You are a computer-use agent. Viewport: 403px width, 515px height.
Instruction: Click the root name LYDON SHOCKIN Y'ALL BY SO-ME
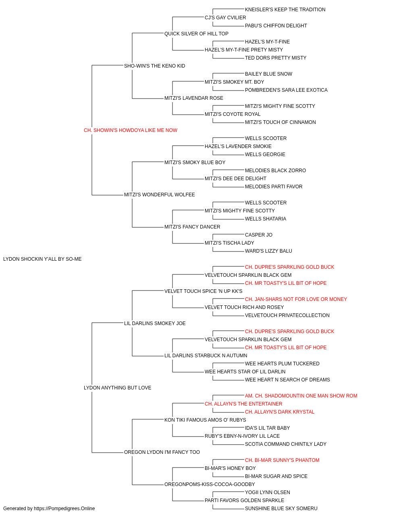coord(42,259)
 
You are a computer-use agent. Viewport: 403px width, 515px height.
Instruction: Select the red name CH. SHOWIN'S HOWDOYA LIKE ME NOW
coord(131,130)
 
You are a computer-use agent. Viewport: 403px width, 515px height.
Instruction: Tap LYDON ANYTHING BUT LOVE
coord(118,388)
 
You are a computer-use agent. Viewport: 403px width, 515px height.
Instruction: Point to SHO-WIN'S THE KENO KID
coord(154,66)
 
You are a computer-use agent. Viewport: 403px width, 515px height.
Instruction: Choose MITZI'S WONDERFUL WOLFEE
coord(160,195)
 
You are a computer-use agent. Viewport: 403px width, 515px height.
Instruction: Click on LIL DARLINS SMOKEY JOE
coord(155,323)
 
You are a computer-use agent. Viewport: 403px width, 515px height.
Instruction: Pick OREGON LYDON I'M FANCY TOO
coord(162,452)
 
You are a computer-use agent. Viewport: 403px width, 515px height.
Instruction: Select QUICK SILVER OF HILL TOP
coord(196,34)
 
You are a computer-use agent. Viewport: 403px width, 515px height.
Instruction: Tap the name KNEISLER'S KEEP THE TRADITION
coord(285,10)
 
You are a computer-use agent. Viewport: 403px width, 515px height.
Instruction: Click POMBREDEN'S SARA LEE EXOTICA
coord(286,90)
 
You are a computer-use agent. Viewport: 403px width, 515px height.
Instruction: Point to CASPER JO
coord(259,235)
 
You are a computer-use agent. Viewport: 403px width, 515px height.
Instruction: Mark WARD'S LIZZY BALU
coord(268,251)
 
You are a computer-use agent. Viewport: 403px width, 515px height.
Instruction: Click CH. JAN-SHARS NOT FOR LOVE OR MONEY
coord(296,299)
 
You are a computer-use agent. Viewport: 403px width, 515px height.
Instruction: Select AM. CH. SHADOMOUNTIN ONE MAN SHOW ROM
coord(301,396)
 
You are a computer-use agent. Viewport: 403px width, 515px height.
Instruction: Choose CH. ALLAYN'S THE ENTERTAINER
coord(243,404)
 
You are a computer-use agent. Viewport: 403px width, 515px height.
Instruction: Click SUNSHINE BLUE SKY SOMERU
coord(281,509)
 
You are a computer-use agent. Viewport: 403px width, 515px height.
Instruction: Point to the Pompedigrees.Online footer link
coord(64,509)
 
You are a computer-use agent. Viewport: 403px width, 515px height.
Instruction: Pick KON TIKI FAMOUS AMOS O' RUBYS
coord(205,420)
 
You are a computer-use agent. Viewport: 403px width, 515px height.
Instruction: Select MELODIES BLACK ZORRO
coord(275,171)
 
